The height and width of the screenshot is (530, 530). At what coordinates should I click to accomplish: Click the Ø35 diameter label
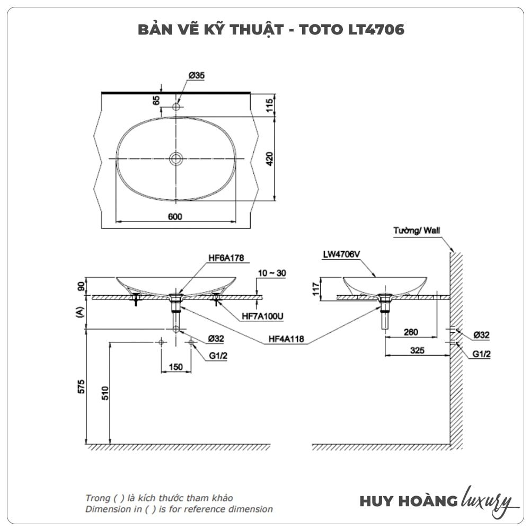pos(197,75)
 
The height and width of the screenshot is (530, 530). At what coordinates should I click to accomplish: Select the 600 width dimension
pos(175,217)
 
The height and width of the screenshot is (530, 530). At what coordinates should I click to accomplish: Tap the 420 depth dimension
pos(269,159)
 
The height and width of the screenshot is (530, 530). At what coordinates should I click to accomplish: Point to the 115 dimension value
pos(269,105)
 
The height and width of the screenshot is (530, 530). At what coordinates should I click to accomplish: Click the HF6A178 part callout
pos(226,258)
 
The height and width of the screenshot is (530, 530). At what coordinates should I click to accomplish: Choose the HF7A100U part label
pos(263,316)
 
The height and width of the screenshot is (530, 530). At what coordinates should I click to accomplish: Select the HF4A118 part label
pos(286,339)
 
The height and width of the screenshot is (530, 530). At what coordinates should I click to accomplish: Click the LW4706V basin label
pos(341,254)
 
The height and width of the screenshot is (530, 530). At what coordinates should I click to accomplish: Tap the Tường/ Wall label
pos(417,231)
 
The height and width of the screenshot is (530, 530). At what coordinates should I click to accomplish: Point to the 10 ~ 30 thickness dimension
pos(272,273)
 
